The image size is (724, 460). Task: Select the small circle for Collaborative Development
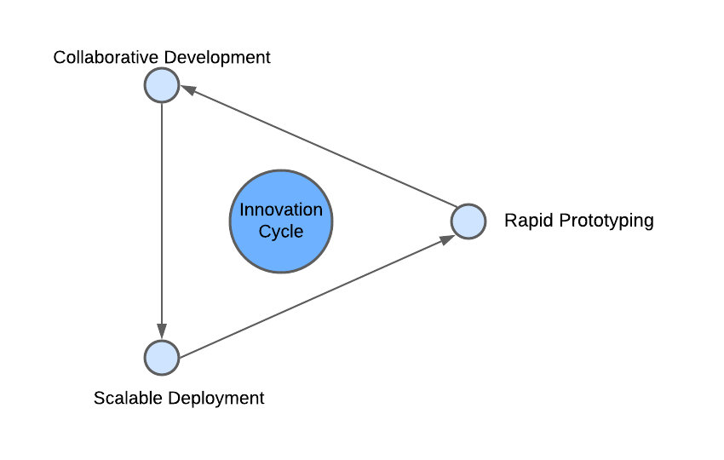[162, 85]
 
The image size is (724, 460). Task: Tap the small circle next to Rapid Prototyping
[468, 221]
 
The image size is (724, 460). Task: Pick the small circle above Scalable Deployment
[162, 358]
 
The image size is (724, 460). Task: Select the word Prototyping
[606, 221]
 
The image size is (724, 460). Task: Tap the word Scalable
[128, 398]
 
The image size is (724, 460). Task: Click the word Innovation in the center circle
[281, 210]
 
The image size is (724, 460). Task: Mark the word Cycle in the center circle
[281, 232]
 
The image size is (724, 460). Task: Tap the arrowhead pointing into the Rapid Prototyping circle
[446, 240]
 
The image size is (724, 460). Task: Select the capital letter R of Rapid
[510, 221]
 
